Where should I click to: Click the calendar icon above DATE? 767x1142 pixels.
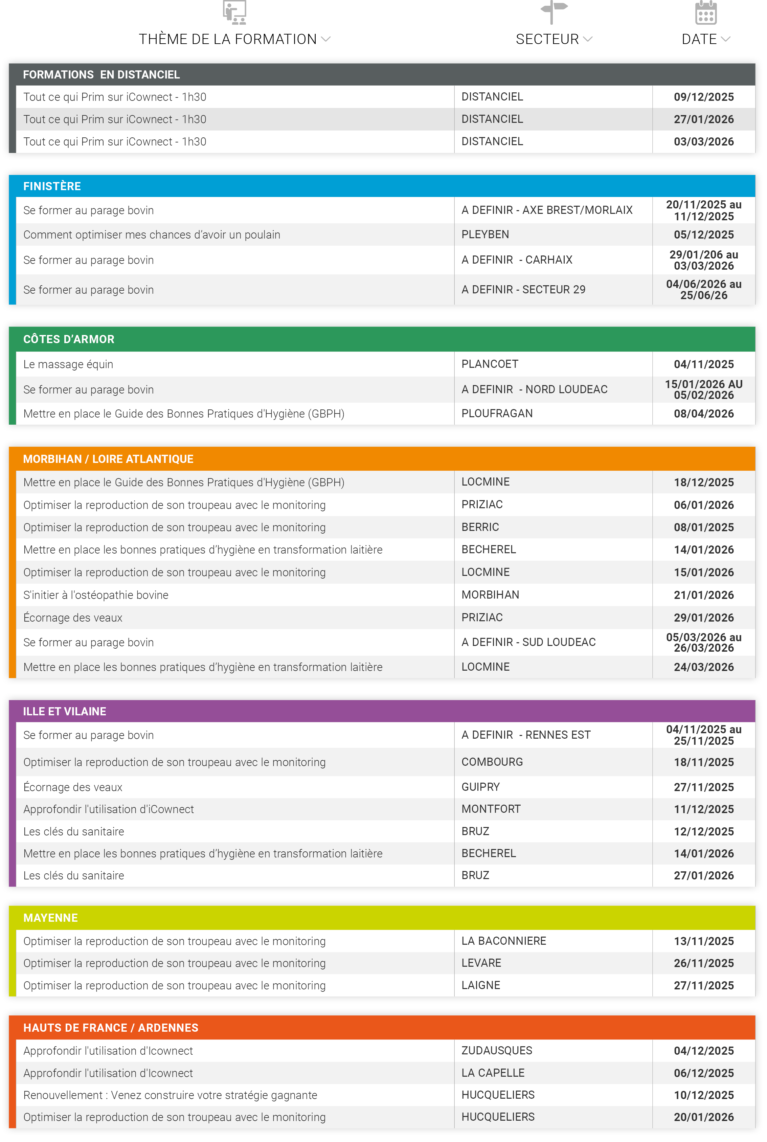(x=705, y=13)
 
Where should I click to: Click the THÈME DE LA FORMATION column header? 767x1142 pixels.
(x=228, y=39)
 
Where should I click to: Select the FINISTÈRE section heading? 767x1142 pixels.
(x=52, y=186)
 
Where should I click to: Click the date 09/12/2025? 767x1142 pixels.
(x=703, y=97)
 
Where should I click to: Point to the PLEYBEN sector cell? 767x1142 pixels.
(x=485, y=235)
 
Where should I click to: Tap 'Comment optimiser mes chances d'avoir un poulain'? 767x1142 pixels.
(x=152, y=235)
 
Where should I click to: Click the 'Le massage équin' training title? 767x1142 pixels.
(x=68, y=364)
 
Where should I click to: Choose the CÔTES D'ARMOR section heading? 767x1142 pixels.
(x=69, y=339)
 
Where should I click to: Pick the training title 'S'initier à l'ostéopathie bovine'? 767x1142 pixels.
(x=96, y=595)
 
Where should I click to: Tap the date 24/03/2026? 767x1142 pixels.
(x=703, y=667)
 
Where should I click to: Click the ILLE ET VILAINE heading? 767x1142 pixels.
(x=65, y=712)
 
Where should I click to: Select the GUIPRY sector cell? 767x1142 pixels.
(x=480, y=787)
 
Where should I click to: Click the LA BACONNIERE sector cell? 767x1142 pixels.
(x=503, y=941)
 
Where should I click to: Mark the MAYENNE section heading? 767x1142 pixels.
(x=51, y=918)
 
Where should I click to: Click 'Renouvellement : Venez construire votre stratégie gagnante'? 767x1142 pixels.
(x=170, y=1095)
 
